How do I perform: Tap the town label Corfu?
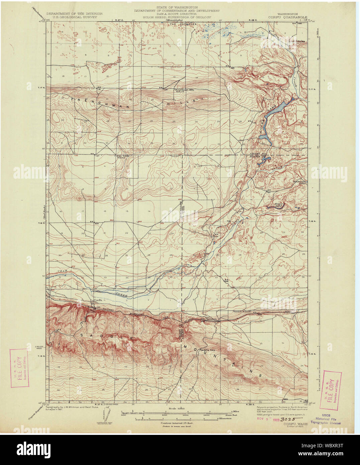(98, 300)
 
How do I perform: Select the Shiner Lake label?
(278, 204)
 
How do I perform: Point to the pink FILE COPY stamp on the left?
(18, 368)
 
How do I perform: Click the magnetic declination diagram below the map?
(105, 416)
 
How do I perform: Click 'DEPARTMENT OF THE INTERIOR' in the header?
(74, 14)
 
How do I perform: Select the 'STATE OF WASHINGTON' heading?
(177, 7)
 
